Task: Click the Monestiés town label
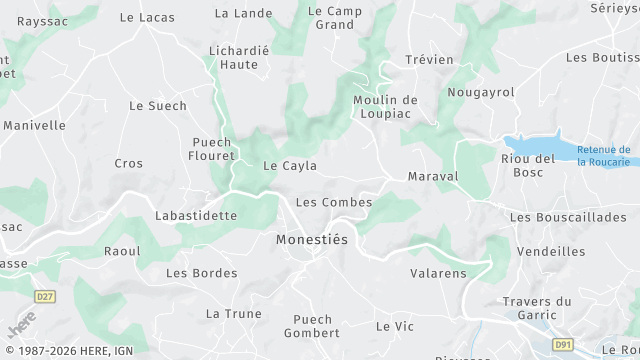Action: click(313, 240)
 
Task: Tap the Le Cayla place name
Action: click(290, 166)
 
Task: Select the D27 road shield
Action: click(45, 297)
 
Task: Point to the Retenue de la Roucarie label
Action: click(603, 156)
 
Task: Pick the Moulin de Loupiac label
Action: click(385, 107)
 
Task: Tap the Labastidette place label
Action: click(196, 215)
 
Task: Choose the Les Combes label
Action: click(334, 202)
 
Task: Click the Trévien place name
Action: click(430, 59)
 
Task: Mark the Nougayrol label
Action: click(481, 92)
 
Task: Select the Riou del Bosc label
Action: click(528, 165)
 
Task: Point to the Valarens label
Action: click(438, 272)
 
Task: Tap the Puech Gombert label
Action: click(312, 326)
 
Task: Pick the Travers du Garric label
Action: click(537, 309)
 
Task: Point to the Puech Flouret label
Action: click(213, 149)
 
